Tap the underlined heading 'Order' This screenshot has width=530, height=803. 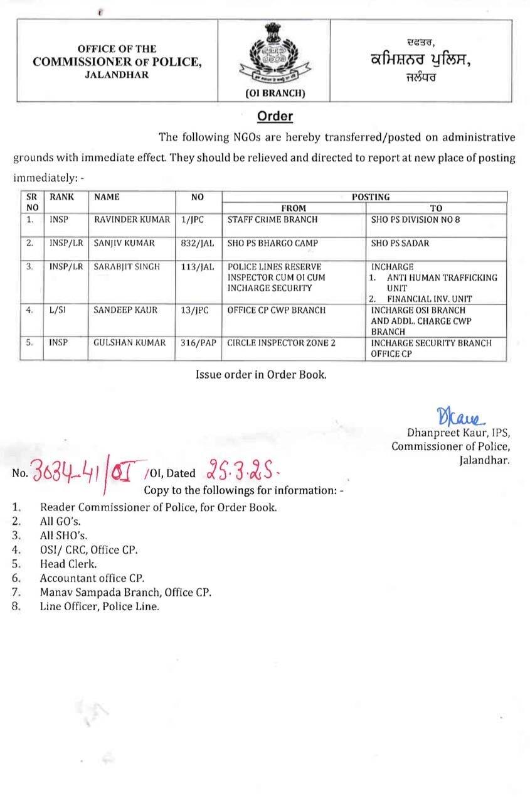275,117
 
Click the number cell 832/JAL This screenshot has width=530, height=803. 198,243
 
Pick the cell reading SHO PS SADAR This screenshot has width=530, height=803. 400,243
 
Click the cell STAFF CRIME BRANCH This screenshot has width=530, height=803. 272,220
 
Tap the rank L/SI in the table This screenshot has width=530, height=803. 58,310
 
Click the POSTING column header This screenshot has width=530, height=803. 370,197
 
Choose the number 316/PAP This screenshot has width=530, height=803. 198,343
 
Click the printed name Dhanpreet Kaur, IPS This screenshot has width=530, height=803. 458,433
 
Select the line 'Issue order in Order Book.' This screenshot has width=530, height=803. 260,375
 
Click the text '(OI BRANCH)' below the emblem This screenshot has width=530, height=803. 274,94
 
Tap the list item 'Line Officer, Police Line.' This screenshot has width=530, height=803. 99,607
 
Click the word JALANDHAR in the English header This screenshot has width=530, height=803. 117,75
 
